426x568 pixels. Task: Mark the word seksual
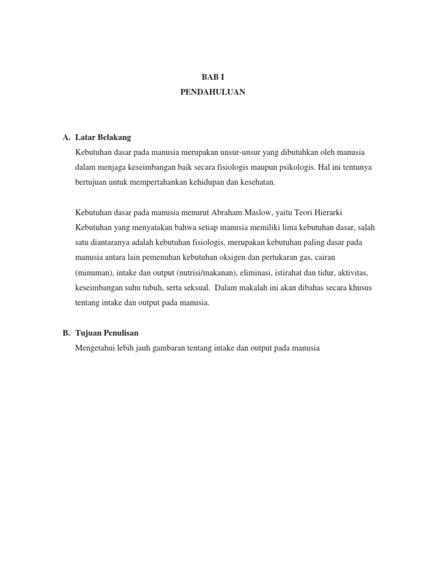coord(195,288)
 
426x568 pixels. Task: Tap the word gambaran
coord(170,348)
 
